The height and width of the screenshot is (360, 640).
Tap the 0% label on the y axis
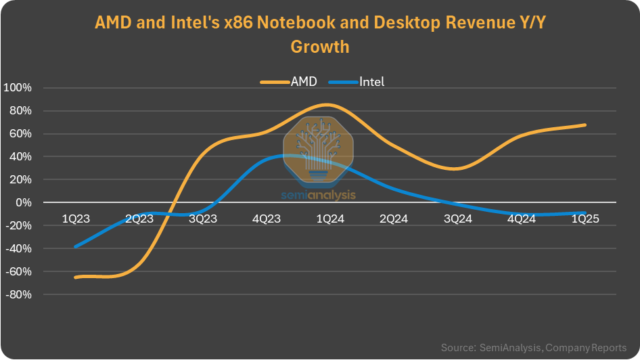(24, 203)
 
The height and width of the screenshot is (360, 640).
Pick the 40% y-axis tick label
(20, 157)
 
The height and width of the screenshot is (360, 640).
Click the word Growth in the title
(320, 47)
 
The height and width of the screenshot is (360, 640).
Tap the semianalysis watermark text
(318, 195)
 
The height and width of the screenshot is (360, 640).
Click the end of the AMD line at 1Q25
(585, 125)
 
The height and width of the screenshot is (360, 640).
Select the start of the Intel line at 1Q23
(74, 247)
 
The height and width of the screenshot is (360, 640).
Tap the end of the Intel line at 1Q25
(585, 213)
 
